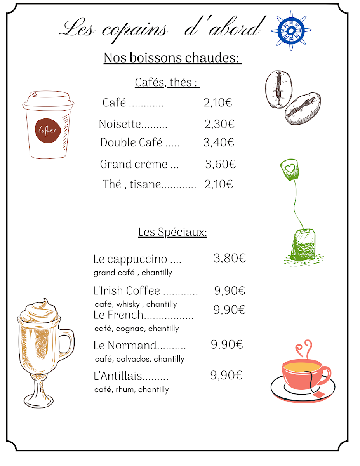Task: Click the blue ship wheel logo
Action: click(x=291, y=30)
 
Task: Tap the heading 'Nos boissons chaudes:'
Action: click(x=172, y=58)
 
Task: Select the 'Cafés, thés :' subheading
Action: click(x=167, y=82)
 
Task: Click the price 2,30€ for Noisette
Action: click(x=219, y=124)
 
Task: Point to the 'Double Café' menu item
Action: click(x=131, y=143)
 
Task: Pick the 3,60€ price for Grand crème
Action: click(x=220, y=164)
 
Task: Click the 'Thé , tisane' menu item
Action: click(x=132, y=184)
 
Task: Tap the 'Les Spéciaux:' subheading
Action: click(x=172, y=232)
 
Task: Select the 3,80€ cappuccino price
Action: click(x=230, y=258)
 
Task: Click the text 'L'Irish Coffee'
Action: click(x=127, y=290)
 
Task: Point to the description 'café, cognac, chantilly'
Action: click(x=136, y=329)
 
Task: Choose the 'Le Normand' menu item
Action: click(x=125, y=345)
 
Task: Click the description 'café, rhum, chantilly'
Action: click(x=131, y=389)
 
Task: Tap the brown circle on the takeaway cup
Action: click(x=47, y=130)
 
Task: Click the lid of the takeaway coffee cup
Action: click(x=48, y=100)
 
